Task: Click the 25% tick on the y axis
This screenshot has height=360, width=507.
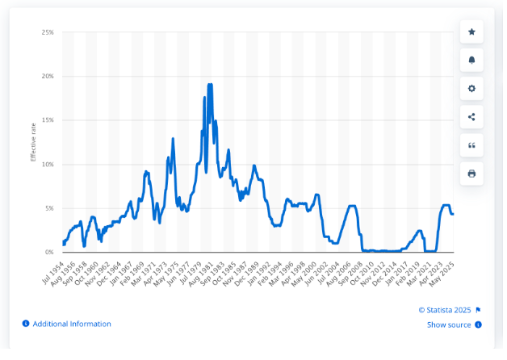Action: (48, 32)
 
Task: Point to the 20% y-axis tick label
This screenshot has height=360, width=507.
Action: (48, 77)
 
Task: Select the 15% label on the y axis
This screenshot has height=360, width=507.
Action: (48, 120)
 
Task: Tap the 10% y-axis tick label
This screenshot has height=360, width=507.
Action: (48, 165)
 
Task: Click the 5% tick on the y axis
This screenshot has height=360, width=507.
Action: (49, 208)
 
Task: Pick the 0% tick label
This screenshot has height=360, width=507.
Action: (49, 252)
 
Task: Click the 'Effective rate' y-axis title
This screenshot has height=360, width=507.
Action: (33, 142)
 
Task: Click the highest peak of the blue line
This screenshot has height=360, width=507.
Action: (210, 85)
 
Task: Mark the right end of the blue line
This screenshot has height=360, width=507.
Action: (453, 214)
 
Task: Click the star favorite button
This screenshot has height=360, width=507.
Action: (471, 31)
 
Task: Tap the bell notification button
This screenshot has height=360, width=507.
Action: (471, 60)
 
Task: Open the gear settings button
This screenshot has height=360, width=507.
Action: (471, 88)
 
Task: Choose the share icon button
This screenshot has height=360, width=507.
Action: (471, 116)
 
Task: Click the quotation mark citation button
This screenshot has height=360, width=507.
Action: (471, 144)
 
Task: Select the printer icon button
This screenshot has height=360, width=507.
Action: (471, 173)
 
